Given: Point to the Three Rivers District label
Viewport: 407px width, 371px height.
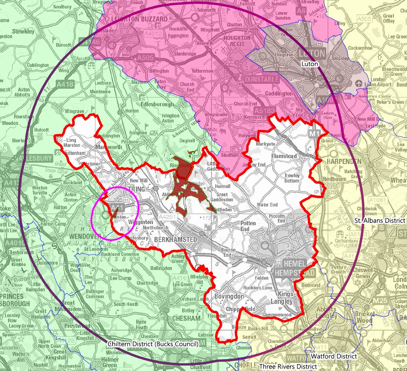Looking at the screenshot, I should pyautogui.click(x=288, y=367).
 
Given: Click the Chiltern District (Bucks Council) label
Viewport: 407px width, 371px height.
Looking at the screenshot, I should pyautogui.click(x=153, y=344).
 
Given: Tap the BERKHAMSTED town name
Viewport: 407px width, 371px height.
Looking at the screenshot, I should pyautogui.click(x=175, y=240).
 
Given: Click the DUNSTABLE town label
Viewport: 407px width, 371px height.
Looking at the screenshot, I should pyautogui.click(x=261, y=79).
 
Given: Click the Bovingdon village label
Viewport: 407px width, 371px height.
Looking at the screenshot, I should pyautogui.click(x=229, y=297).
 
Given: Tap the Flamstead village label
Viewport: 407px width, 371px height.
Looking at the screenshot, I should pyautogui.click(x=284, y=156).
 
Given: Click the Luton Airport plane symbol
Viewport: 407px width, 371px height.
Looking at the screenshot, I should pyautogui.click(x=360, y=83).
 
